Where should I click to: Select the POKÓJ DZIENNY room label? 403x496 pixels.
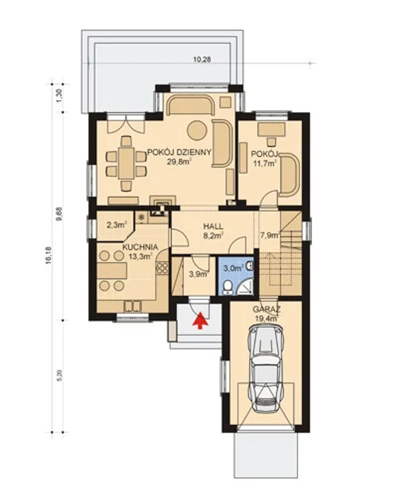(x=179, y=153)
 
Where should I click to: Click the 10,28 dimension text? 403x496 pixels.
(x=202, y=59)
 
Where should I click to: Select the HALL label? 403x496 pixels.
(x=213, y=226)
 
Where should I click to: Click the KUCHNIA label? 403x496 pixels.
(x=140, y=247)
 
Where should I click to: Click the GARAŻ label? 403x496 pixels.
(x=267, y=309)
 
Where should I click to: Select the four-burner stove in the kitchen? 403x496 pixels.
(x=162, y=268)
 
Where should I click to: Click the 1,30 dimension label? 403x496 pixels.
(x=60, y=95)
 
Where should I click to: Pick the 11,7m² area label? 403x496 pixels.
(x=265, y=163)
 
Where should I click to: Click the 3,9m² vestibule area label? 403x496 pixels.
(x=198, y=274)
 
